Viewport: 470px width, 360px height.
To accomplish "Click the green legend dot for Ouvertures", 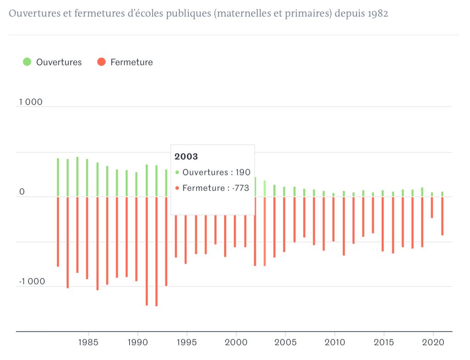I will pyautogui.click(x=27, y=62).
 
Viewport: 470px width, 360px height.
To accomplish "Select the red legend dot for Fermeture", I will pyautogui.click(x=102, y=62).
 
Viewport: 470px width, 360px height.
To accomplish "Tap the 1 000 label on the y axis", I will pyautogui.click(x=30, y=102).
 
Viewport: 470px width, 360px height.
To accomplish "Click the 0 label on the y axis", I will pyautogui.click(x=22, y=192).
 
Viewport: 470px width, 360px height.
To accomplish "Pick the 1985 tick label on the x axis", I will pyautogui.click(x=87, y=343).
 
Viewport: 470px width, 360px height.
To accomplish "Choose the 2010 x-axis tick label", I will pyautogui.click(x=334, y=343).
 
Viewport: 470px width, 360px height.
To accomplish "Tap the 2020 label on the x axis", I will pyautogui.click(x=432, y=343).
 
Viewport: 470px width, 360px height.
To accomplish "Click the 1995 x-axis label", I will pyautogui.click(x=186, y=343).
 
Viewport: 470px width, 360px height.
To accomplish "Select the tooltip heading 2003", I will pyautogui.click(x=186, y=157).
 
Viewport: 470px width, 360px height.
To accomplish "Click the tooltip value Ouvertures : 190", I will pyautogui.click(x=216, y=172).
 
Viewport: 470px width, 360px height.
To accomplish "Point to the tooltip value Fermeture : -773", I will pyautogui.click(x=215, y=188).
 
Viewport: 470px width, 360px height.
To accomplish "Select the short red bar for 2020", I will pyautogui.click(x=432, y=207).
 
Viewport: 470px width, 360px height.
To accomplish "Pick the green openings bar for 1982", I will pyautogui.click(x=58, y=177).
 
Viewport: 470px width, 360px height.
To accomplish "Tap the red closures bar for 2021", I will pyautogui.click(x=442, y=216).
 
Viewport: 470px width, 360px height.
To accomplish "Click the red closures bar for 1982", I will pyautogui.click(x=58, y=232).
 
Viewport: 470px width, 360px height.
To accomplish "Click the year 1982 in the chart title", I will pyautogui.click(x=377, y=13).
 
